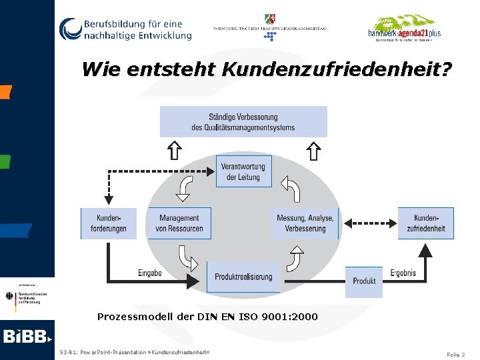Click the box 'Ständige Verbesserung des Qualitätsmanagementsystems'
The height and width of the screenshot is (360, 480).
coord(243,121)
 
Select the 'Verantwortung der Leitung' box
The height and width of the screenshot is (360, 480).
coord(243,171)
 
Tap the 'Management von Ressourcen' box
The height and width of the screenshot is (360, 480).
coord(179,223)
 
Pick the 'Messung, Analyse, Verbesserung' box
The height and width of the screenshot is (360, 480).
coord(305,223)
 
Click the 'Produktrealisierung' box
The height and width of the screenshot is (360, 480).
coord(243,277)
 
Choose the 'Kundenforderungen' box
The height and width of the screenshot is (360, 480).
coord(109,223)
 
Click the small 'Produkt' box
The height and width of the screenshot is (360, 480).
coord(364,281)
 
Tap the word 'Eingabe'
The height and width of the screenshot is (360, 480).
coord(150,273)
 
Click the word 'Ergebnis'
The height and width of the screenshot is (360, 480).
coord(403,273)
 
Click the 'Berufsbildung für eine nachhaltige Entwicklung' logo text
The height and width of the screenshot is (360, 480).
coord(137,29)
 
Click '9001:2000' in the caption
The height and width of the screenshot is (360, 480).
coord(291,317)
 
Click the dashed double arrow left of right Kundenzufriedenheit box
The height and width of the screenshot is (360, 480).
coord(369,223)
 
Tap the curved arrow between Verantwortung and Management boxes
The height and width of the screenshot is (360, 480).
coord(185,189)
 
